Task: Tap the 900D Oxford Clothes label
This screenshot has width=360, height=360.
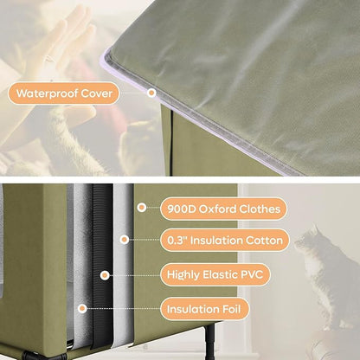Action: (x=224, y=209)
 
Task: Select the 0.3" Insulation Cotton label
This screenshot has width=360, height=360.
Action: (x=224, y=239)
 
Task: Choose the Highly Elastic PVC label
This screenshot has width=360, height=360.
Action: (x=215, y=274)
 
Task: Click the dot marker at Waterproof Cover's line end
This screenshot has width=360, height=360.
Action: (x=151, y=93)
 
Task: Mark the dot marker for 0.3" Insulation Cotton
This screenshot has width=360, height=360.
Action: (x=125, y=239)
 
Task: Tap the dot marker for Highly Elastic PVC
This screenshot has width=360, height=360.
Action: (x=105, y=274)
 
